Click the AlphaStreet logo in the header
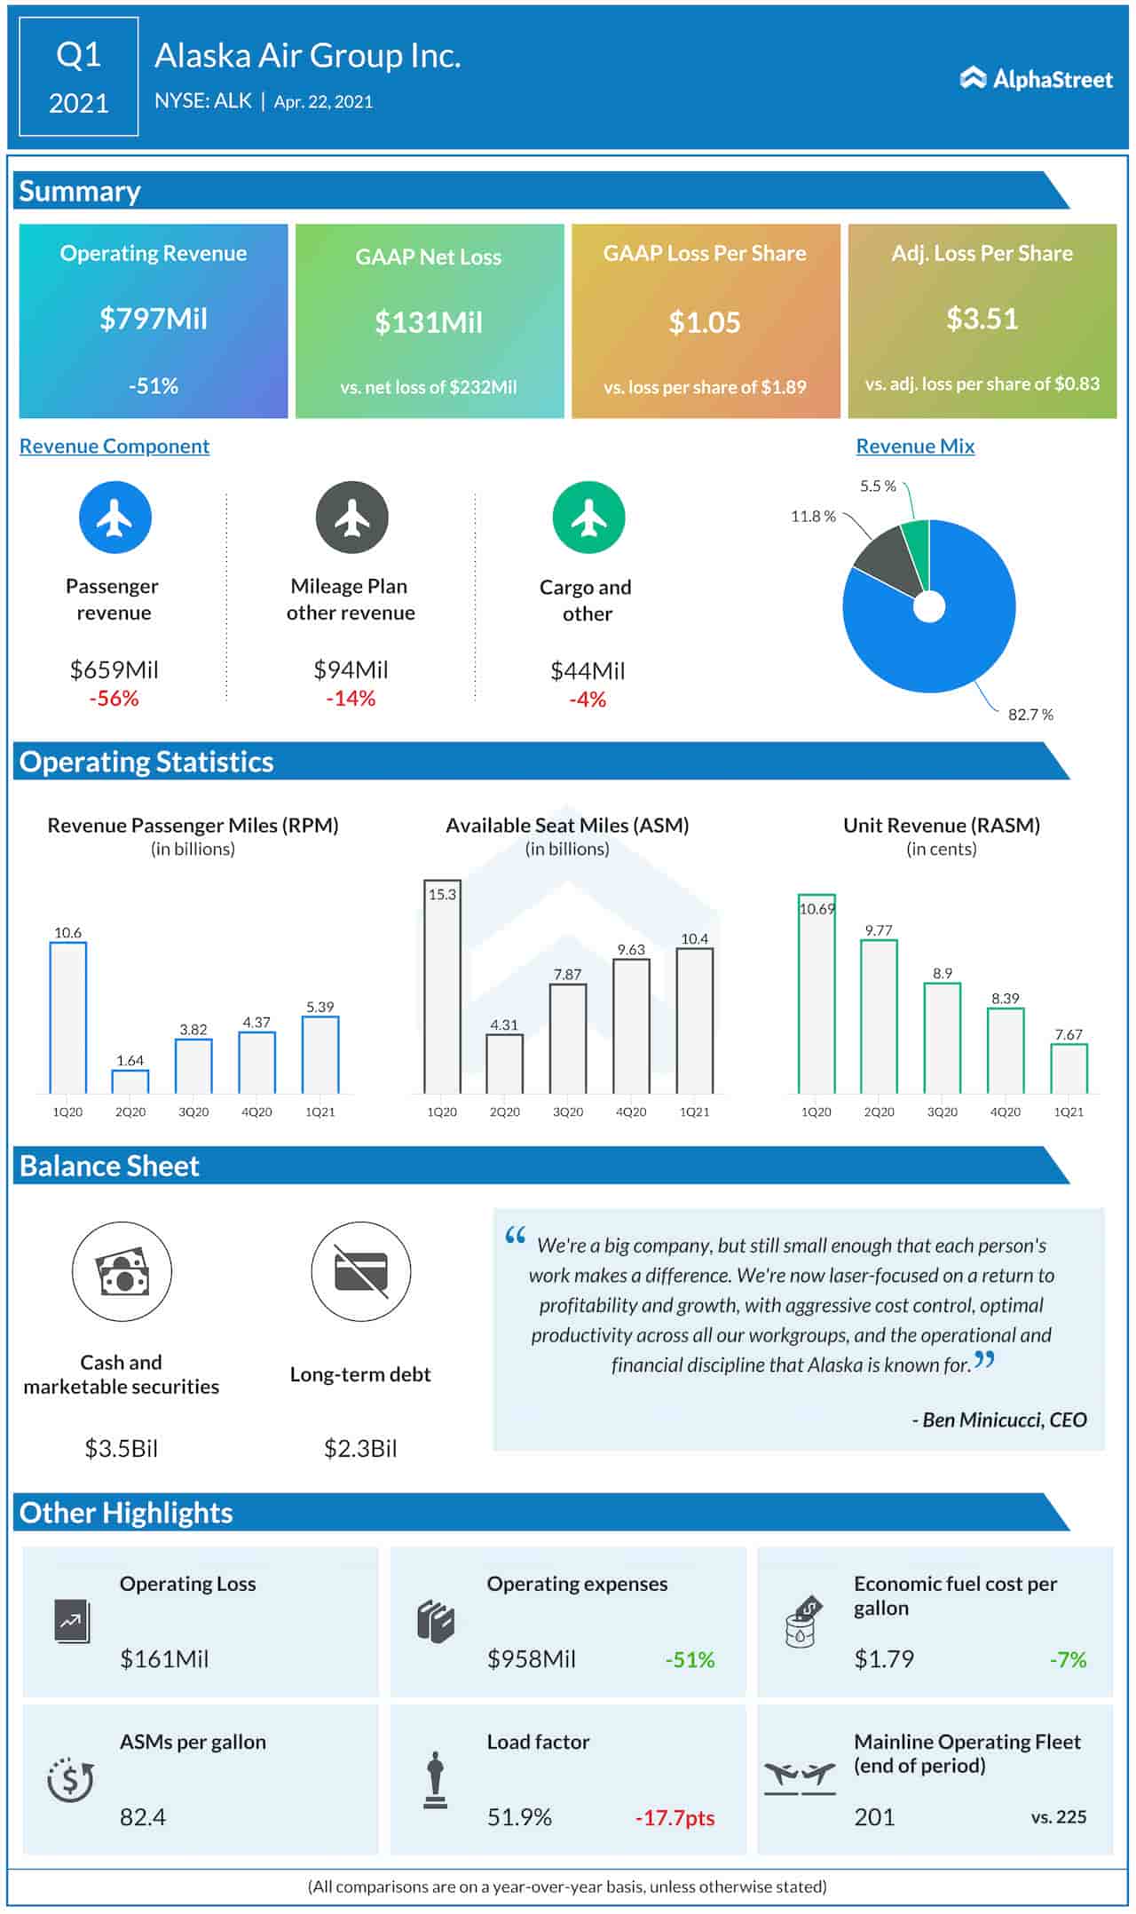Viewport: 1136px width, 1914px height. tap(1036, 79)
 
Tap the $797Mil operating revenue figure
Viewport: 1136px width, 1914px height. tap(154, 319)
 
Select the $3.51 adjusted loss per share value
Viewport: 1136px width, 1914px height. tap(982, 319)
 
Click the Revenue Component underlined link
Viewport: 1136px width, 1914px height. tap(114, 447)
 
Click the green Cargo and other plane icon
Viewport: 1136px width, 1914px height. tap(588, 518)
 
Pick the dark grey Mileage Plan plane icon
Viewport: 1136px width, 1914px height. tap(351, 518)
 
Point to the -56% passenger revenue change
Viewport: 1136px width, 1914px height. tap(114, 699)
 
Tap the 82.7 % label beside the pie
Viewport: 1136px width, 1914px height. tap(1029, 715)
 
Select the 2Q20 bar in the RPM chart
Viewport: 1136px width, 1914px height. tap(130, 1082)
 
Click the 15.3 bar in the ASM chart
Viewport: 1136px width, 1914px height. tap(442, 985)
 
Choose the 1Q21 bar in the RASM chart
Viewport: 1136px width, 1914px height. tap(1069, 1069)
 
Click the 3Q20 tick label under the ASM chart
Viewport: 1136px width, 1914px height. tap(568, 1112)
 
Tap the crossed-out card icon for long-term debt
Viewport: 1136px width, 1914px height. tap(360, 1271)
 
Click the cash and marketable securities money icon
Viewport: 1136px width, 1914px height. tap(122, 1271)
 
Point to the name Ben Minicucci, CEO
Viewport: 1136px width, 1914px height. tap(999, 1420)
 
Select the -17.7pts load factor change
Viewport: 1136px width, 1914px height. tap(674, 1817)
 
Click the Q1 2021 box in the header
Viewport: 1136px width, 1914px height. tap(79, 77)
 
